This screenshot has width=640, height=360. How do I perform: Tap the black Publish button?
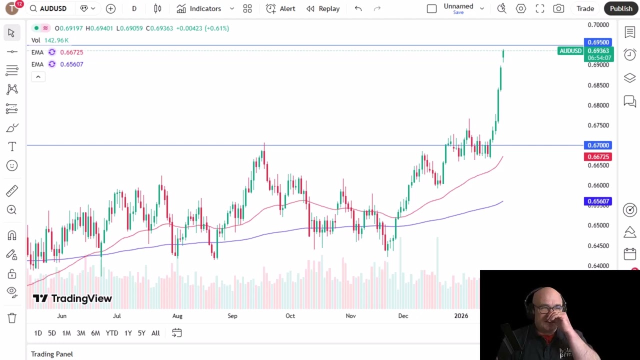(621, 8)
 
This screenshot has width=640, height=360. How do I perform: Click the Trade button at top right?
(585, 8)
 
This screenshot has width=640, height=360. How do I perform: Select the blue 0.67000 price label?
(598, 145)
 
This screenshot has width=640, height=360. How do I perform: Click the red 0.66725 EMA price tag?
(598, 156)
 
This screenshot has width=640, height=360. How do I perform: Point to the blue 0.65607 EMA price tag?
(598, 201)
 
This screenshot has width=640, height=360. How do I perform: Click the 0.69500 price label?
(598, 42)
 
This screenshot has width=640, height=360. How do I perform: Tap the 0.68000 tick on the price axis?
(598, 105)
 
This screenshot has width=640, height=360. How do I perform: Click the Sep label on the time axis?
(232, 316)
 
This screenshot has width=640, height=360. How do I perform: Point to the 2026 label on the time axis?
(461, 316)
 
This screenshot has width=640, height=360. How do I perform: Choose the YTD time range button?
(111, 333)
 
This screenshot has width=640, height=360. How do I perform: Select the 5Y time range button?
(141, 333)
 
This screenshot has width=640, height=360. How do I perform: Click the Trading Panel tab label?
(52, 354)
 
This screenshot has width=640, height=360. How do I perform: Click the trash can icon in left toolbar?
(12, 318)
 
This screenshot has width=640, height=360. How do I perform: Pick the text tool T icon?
(12, 146)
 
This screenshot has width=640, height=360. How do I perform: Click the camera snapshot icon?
(558, 8)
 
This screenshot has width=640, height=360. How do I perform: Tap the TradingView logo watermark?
(72, 298)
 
